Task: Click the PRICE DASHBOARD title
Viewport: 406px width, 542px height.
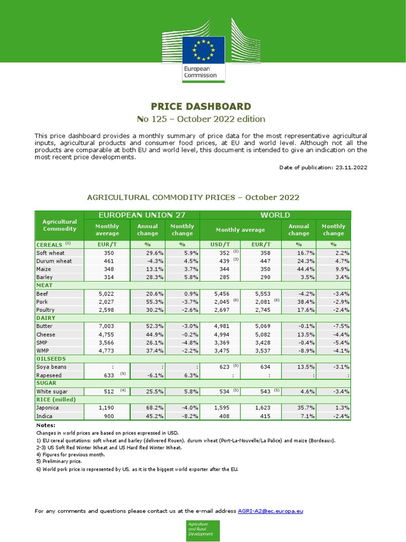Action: (x=201, y=106)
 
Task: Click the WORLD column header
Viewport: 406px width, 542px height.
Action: (x=275, y=215)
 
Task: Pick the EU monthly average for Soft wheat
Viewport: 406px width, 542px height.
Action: (x=107, y=253)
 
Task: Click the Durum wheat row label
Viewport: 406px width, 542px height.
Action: (x=53, y=261)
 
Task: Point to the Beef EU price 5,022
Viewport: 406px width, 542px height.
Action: (x=106, y=293)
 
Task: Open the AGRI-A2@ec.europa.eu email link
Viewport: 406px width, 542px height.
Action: (x=270, y=511)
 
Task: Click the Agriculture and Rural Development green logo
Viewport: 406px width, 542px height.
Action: (x=202, y=530)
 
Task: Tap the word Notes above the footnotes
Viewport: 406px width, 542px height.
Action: (x=45, y=425)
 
